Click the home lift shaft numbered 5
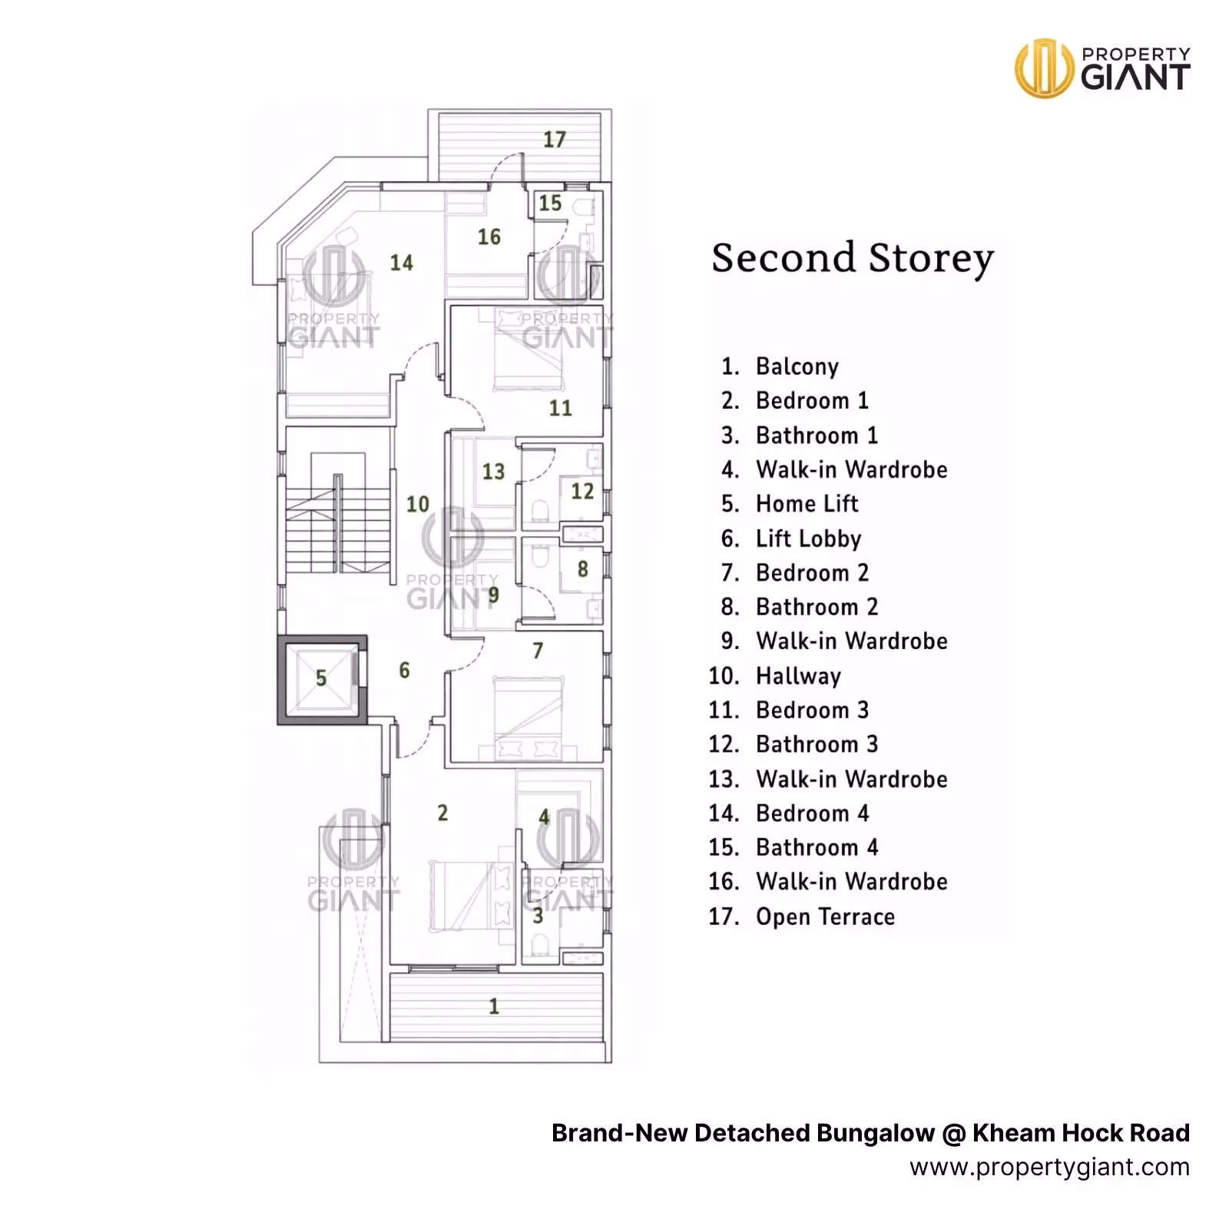point(322,680)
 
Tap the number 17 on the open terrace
point(555,140)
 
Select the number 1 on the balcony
point(494,1006)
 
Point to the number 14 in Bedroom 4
point(402,263)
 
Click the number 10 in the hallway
point(418,504)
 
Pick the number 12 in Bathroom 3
point(582,491)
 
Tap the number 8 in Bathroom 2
point(583,569)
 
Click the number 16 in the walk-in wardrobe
point(489,237)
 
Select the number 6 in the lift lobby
point(405,671)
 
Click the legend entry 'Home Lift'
point(807,504)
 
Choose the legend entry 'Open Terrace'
point(826,916)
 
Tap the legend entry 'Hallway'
point(799,676)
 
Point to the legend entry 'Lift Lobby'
point(809,538)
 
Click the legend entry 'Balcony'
point(797,366)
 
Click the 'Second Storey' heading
point(853,258)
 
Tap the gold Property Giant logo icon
point(1044,68)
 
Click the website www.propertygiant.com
point(1049,1168)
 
